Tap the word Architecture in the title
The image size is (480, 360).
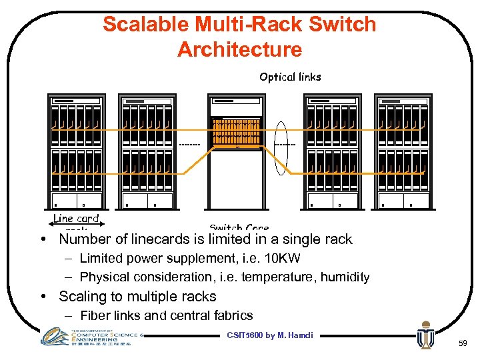[x=239, y=49]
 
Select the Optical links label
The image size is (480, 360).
[x=290, y=77]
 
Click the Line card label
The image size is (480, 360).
[x=75, y=218]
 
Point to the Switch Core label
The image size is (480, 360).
[x=239, y=228]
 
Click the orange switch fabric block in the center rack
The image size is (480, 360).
[x=235, y=134]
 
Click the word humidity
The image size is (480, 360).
[x=345, y=277]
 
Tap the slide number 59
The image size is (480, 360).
[x=463, y=344]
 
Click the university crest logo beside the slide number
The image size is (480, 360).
[x=425, y=336]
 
